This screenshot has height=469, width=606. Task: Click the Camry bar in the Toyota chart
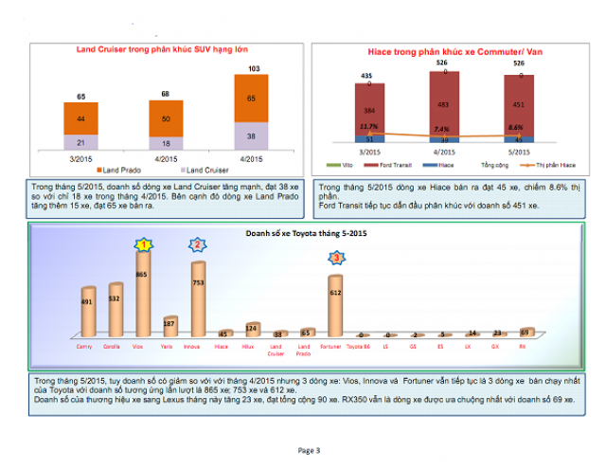click(88, 312)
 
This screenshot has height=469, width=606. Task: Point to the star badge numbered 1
click(144, 244)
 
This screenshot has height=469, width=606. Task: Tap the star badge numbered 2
click(198, 244)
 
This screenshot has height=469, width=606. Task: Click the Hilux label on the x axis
click(252, 348)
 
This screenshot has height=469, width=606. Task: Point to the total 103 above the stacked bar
click(253, 68)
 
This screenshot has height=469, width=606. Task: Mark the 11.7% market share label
click(368, 126)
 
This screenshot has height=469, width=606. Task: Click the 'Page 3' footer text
click(310, 449)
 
